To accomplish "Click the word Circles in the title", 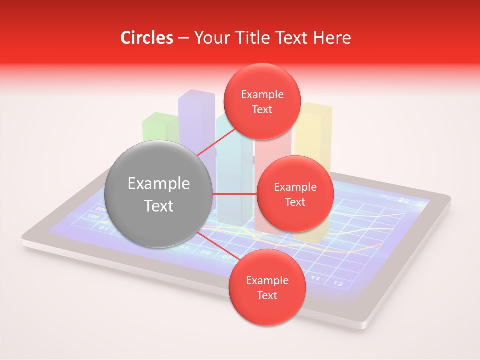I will click(x=147, y=38).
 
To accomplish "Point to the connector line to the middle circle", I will click(x=234, y=194).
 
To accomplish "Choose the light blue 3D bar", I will click(x=232, y=165).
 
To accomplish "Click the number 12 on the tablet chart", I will click(x=338, y=284).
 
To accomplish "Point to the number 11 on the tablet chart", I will click(x=315, y=278).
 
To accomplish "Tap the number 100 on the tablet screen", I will click(x=93, y=216).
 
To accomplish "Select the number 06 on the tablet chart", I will click(x=206, y=252).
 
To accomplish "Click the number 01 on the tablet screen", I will click(x=103, y=228).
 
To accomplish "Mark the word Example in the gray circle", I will click(x=158, y=184).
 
